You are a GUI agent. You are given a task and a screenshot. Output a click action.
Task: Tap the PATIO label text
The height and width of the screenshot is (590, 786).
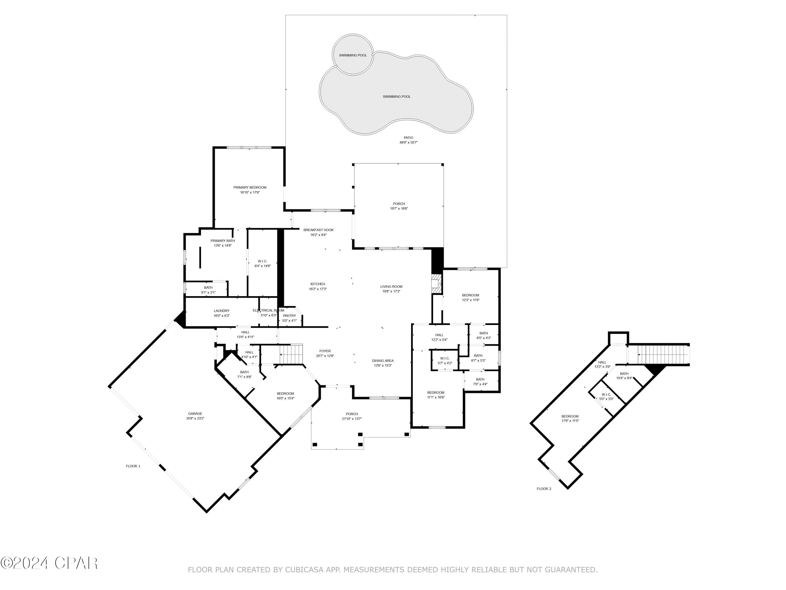click(408, 138)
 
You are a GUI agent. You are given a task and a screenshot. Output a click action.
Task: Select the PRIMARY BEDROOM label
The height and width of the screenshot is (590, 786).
click(250, 187)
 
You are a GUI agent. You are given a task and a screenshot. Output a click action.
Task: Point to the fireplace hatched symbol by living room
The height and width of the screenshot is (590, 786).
click(436, 284)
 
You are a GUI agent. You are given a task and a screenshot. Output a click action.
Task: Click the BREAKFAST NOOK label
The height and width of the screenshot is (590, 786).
click(318, 230)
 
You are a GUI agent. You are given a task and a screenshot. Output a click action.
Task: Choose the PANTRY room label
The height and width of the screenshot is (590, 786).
click(289, 316)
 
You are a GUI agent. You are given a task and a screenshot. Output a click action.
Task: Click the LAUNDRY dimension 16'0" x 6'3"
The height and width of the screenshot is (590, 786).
click(221, 316)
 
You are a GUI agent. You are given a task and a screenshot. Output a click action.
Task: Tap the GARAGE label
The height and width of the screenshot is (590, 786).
click(195, 414)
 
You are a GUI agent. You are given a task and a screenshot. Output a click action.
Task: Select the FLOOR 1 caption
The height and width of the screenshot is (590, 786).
click(133, 466)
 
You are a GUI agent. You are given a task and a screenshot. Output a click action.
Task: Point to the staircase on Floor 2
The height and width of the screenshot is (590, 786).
click(663, 355)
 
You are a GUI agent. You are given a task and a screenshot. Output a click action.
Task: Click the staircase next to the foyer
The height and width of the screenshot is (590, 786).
click(291, 354)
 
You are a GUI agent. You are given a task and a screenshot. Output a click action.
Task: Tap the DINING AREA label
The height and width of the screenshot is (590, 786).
click(383, 361)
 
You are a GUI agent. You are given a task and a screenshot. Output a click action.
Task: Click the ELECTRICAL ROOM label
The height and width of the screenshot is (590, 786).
click(268, 310)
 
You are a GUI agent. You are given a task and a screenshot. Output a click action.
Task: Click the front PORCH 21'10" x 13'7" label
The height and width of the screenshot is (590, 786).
click(352, 416)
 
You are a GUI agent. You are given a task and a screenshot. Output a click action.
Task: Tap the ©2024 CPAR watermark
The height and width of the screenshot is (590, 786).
click(49, 563)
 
